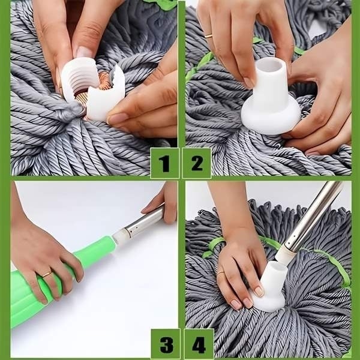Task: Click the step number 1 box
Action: (164, 163)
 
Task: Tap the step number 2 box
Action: (196, 163)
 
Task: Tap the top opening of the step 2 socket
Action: (272, 67)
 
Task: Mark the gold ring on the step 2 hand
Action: (208, 37)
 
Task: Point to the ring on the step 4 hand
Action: (221, 272)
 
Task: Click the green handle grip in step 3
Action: (54, 282)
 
